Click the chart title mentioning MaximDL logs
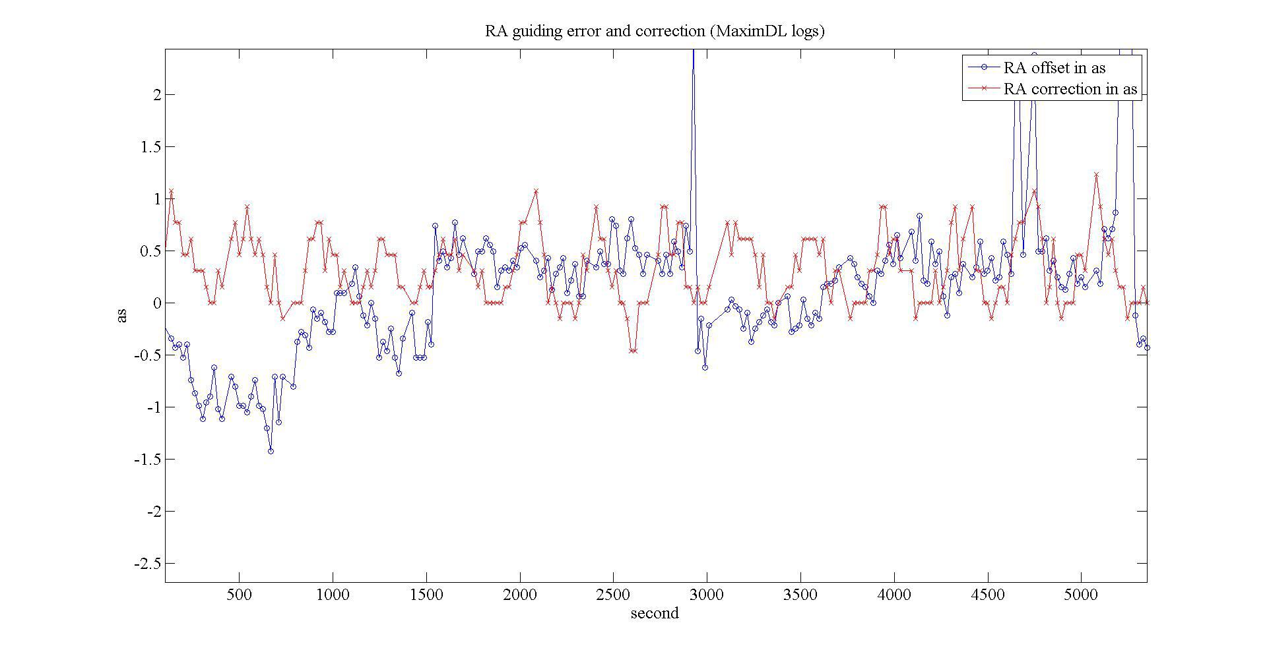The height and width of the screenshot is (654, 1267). (655, 31)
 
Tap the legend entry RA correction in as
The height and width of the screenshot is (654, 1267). (1070, 89)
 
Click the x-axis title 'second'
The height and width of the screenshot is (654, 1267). (654, 614)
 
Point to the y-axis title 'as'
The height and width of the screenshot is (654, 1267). (122, 316)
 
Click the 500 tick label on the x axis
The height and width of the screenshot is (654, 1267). (239, 595)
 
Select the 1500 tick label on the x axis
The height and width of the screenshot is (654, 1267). (426, 595)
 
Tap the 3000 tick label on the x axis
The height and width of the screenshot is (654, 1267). (707, 595)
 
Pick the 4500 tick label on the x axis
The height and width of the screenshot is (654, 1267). (988, 595)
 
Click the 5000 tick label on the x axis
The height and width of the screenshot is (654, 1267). (1082, 595)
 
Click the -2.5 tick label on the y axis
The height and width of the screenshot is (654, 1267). (146, 564)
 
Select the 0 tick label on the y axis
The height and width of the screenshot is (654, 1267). (156, 303)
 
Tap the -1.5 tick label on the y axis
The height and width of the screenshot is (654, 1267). (146, 460)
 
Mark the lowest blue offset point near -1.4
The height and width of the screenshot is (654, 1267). (271, 451)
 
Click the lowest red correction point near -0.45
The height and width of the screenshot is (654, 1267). (633, 351)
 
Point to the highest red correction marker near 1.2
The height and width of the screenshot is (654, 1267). (1096, 175)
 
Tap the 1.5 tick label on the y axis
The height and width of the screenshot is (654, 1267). (150, 147)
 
